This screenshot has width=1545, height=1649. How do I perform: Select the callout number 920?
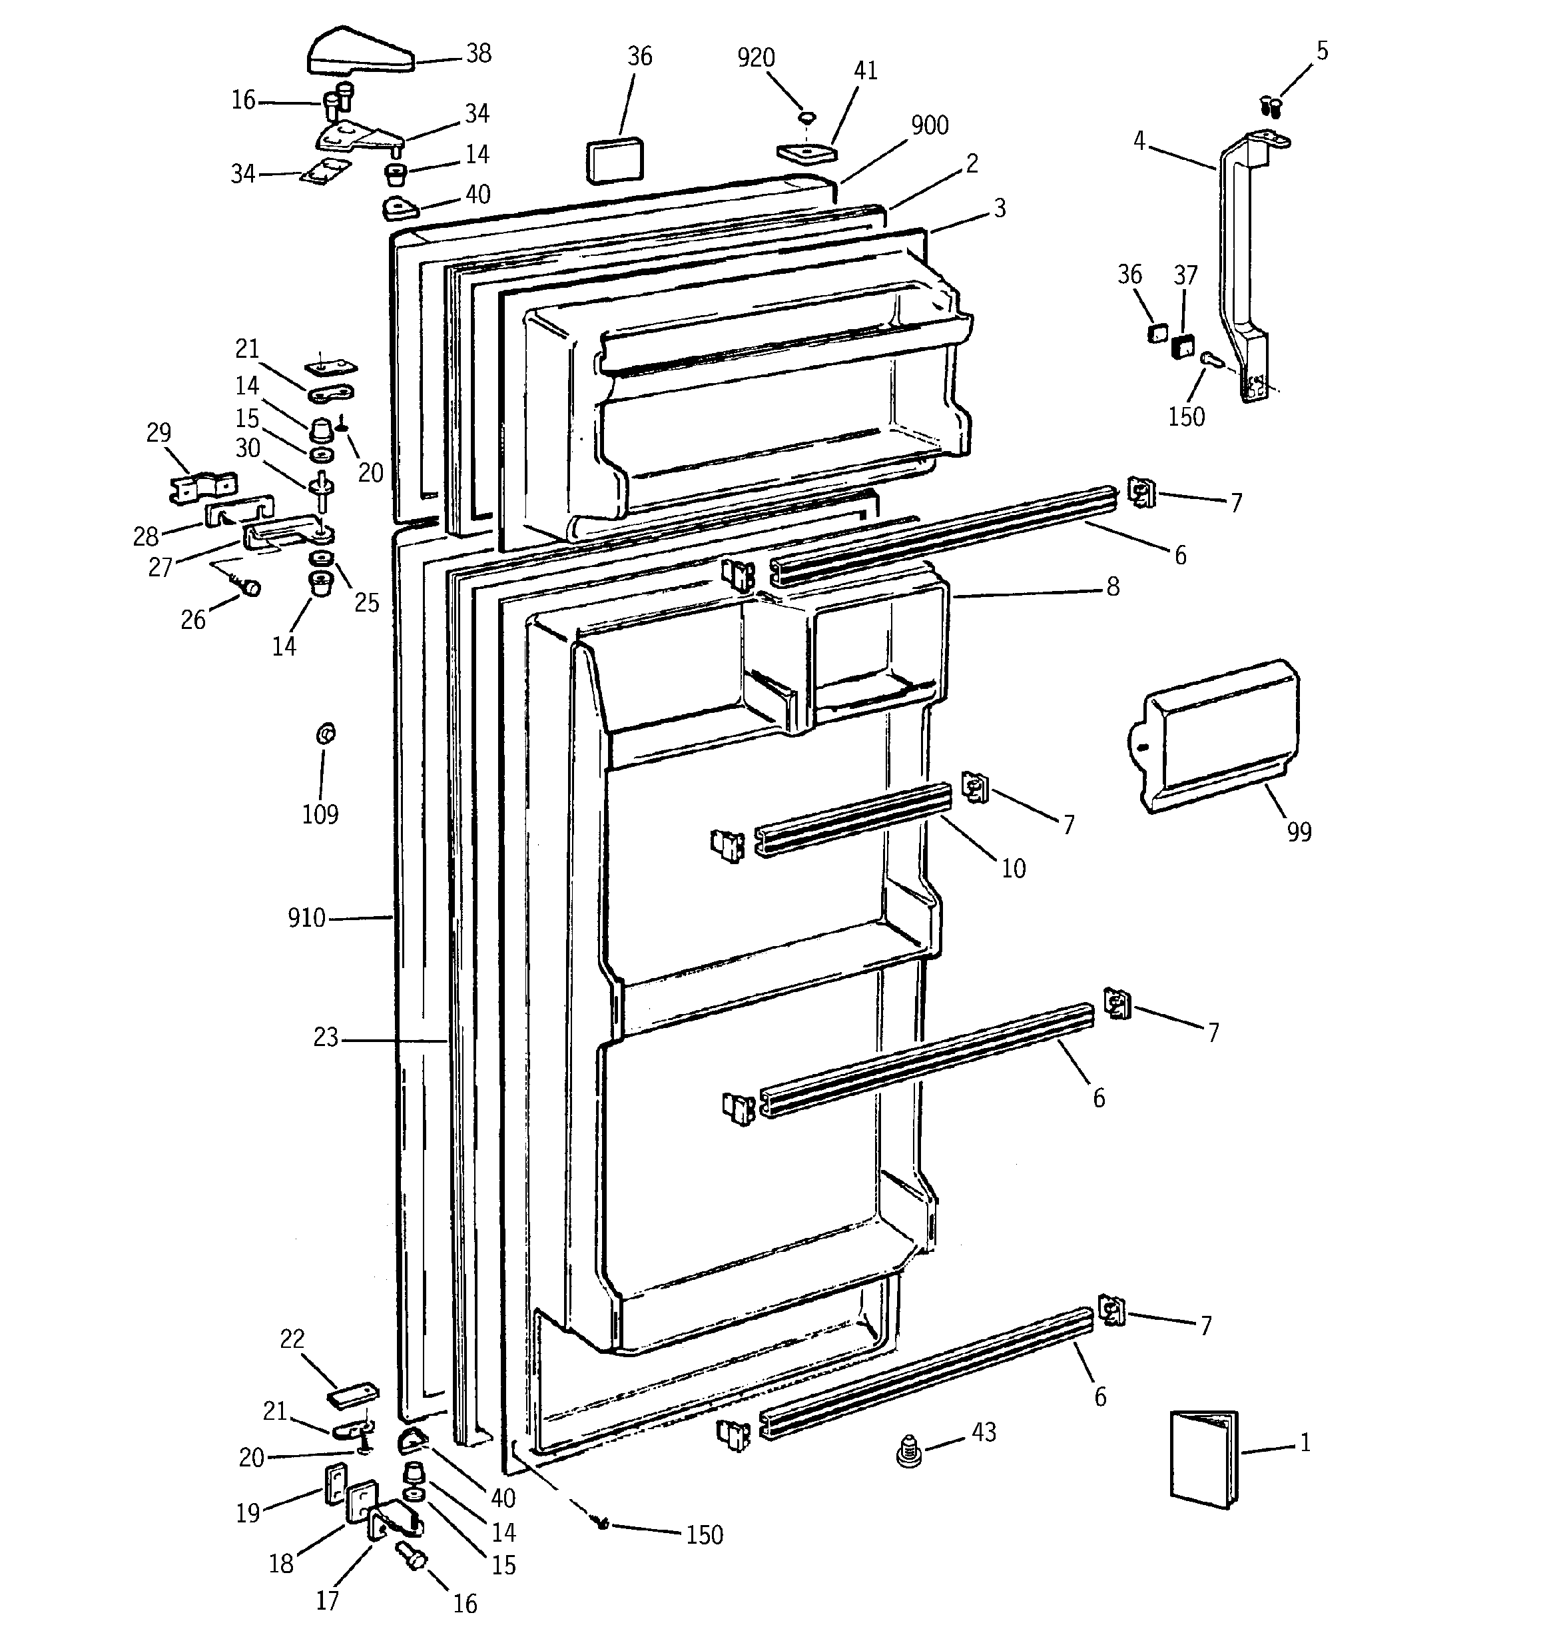[x=755, y=58]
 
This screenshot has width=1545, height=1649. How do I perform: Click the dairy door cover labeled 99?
[x=1219, y=737]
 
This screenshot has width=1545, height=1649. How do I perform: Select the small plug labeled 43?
[x=910, y=1452]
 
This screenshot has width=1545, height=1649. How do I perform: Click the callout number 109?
[x=320, y=815]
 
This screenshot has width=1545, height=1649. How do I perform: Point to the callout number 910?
[x=306, y=918]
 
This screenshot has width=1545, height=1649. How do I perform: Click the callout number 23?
[x=326, y=1037]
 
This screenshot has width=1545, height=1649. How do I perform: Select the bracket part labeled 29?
[x=202, y=487]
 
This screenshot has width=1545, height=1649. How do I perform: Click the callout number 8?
[x=1113, y=587]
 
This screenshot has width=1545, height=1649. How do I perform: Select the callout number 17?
[x=328, y=1600]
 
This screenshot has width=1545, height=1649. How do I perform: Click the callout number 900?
[x=930, y=125]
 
